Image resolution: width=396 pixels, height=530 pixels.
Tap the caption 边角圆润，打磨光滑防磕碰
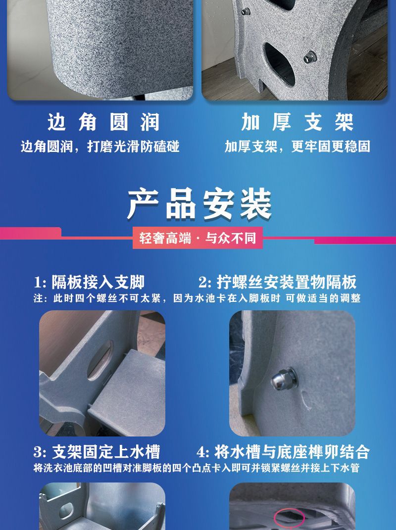pos(100,147)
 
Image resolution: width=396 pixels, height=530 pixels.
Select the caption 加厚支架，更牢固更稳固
pos(297,147)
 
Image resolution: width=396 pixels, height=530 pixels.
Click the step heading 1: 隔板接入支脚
pos(89,283)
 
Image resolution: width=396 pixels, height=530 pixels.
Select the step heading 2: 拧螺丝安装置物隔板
pos(277,283)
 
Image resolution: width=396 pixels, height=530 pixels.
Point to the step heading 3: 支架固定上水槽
pos(97,452)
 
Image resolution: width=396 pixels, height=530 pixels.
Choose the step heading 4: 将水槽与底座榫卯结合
pos(283,452)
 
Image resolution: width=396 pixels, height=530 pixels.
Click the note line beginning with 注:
pos(197,298)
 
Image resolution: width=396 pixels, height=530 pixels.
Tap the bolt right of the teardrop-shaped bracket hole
pos(311,59)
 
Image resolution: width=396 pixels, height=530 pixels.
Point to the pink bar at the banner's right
pos(354,241)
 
